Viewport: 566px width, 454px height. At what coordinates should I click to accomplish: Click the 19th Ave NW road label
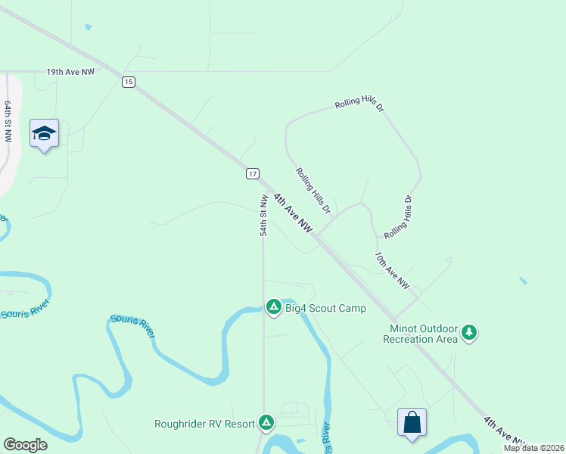(70, 72)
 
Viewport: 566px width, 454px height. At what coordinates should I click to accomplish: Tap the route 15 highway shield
(129, 82)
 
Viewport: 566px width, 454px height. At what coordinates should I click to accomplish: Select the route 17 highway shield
(253, 173)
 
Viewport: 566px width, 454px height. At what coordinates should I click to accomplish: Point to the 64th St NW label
(8, 121)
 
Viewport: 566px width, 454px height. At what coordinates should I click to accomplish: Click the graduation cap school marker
(44, 134)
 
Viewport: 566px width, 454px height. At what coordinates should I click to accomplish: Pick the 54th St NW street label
(264, 216)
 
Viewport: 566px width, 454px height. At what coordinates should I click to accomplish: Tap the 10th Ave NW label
(392, 271)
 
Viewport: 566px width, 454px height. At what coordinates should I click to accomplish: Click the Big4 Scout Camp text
(325, 308)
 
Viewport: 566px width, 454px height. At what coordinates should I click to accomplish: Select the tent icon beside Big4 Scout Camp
(273, 306)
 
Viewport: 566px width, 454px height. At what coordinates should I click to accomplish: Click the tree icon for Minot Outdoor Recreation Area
(470, 332)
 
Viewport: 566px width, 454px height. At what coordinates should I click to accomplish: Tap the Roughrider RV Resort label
(204, 424)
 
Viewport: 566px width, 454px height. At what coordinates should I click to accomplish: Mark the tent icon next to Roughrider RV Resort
(266, 422)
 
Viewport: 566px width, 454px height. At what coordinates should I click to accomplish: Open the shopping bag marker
(412, 422)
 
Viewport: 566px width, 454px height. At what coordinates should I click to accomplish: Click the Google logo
(25, 445)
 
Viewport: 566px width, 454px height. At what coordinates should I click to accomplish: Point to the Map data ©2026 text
(533, 448)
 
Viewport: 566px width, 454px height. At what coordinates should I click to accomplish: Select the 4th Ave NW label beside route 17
(293, 213)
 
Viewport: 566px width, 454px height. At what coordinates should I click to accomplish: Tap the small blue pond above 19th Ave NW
(89, 27)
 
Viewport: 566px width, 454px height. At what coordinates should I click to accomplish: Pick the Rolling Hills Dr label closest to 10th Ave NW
(399, 216)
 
